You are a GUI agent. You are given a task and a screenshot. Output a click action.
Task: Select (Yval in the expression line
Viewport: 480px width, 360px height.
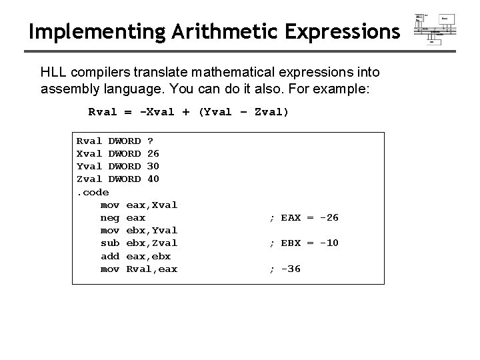coord(214,112)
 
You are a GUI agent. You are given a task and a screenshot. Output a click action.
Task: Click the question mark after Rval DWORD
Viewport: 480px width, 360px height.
coord(150,141)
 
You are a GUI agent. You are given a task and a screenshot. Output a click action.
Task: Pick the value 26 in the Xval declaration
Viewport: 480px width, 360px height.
coord(153,154)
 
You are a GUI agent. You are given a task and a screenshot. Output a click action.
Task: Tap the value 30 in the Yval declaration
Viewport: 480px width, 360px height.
coord(153,167)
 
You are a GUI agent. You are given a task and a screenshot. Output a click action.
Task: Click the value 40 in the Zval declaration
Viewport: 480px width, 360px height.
coord(153,179)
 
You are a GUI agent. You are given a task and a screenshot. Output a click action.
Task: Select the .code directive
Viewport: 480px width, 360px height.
coord(93,192)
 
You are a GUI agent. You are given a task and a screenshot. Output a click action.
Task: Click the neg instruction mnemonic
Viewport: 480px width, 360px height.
coord(109,217)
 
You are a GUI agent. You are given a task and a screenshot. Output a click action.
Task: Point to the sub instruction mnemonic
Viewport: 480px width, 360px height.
coord(109,243)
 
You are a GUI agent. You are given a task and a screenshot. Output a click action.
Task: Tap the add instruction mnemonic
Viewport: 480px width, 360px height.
coord(109,256)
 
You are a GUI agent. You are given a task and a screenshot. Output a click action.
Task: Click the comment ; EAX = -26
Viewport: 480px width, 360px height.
coord(303,217)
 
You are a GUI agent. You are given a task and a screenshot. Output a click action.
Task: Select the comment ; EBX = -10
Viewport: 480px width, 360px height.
coord(303,243)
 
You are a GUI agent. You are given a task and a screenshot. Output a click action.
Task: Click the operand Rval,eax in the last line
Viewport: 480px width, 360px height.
coord(151,269)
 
